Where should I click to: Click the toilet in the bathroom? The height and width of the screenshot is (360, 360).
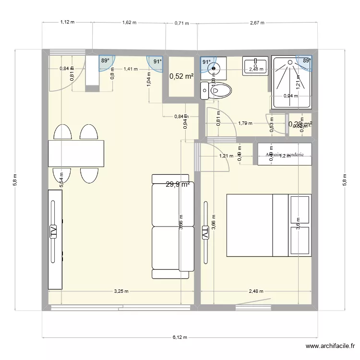(x=217, y=90)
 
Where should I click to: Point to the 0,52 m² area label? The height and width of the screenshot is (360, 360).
(x=181, y=76)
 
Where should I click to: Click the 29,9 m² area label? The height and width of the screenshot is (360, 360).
(x=178, y=184)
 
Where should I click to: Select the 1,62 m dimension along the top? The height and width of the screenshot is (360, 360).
(x=129, y=23)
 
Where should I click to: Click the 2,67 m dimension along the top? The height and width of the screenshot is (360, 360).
(x=257, y=23)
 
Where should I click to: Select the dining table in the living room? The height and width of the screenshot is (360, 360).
(x=76, y=153)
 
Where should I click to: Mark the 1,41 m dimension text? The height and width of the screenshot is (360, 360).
(x=131, y=69)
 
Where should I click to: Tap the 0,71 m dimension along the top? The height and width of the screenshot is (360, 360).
(x=181, y=23)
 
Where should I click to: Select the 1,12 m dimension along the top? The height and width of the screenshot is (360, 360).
(x=67, y=23)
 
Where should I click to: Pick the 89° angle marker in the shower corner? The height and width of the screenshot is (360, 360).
(x=306, y=60)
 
